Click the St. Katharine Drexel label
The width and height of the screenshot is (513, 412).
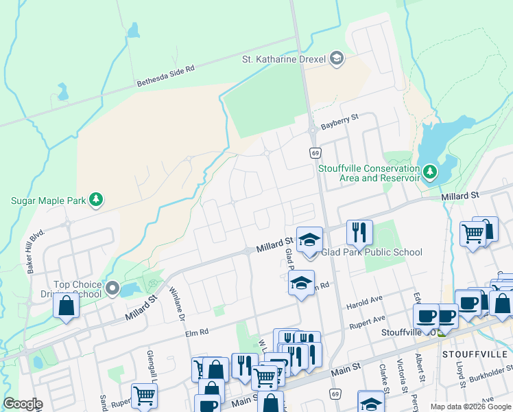284,59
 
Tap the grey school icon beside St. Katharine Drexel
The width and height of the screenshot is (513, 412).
336,59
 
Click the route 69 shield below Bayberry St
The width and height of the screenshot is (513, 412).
315,152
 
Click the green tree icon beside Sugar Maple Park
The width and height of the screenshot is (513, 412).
96,200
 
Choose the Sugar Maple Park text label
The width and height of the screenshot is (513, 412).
47,201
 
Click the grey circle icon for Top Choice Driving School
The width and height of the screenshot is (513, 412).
112,288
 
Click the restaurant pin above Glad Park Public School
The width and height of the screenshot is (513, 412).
359,232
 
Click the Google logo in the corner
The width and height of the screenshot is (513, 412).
23,404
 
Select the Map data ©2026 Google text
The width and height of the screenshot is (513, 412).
470,407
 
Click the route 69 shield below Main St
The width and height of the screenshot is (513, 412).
335,394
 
